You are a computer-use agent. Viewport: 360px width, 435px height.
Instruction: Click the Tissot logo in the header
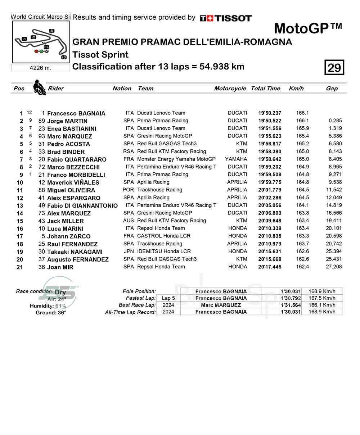click(226, 18)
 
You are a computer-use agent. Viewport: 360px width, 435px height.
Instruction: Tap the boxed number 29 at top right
click(334, 67)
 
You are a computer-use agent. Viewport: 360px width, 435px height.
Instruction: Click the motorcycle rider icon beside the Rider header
click(39, 88)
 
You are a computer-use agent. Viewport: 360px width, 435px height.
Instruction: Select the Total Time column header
click(265, 89)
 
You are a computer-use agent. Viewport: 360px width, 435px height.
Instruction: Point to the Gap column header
click(332, 89)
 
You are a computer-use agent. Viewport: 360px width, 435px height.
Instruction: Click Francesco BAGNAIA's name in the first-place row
click(76, 113)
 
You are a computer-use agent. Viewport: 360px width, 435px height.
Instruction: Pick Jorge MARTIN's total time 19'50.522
click(270, 121)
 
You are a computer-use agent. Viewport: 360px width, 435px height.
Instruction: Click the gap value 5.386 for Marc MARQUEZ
click(335, 136)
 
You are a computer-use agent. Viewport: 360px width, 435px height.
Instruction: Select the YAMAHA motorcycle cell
click(236, 159)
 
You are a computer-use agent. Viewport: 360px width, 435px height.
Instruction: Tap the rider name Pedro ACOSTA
click(68, 144)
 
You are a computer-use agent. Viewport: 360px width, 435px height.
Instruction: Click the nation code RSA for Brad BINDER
click(128, 151)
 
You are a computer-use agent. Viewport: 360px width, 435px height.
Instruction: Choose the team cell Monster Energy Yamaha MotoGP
click(176, 159)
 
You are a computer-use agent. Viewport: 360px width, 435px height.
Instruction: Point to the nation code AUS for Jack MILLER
click(128, 221)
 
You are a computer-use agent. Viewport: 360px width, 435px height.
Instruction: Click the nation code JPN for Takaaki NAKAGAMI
click(128, 251)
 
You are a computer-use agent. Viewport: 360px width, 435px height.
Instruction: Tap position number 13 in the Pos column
click(19, 206)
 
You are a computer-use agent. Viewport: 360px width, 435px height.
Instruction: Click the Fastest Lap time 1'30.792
click(291, 298)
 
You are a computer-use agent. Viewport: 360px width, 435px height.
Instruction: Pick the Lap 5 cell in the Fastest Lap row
click(168, 298)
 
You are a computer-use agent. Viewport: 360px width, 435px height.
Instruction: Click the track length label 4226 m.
click(40, 68)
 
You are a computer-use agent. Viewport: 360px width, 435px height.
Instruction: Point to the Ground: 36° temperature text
click(51, 313)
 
